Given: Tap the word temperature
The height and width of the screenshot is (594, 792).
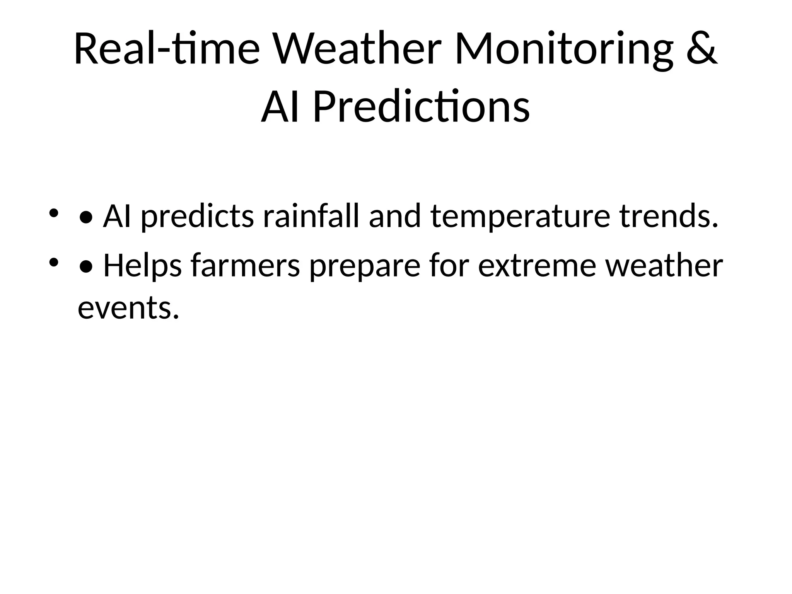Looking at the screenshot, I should pos(520,217).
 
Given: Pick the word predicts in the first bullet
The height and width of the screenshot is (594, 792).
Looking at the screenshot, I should pos(197,217).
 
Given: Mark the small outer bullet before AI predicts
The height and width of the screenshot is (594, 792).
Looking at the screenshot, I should pos(53,213).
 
